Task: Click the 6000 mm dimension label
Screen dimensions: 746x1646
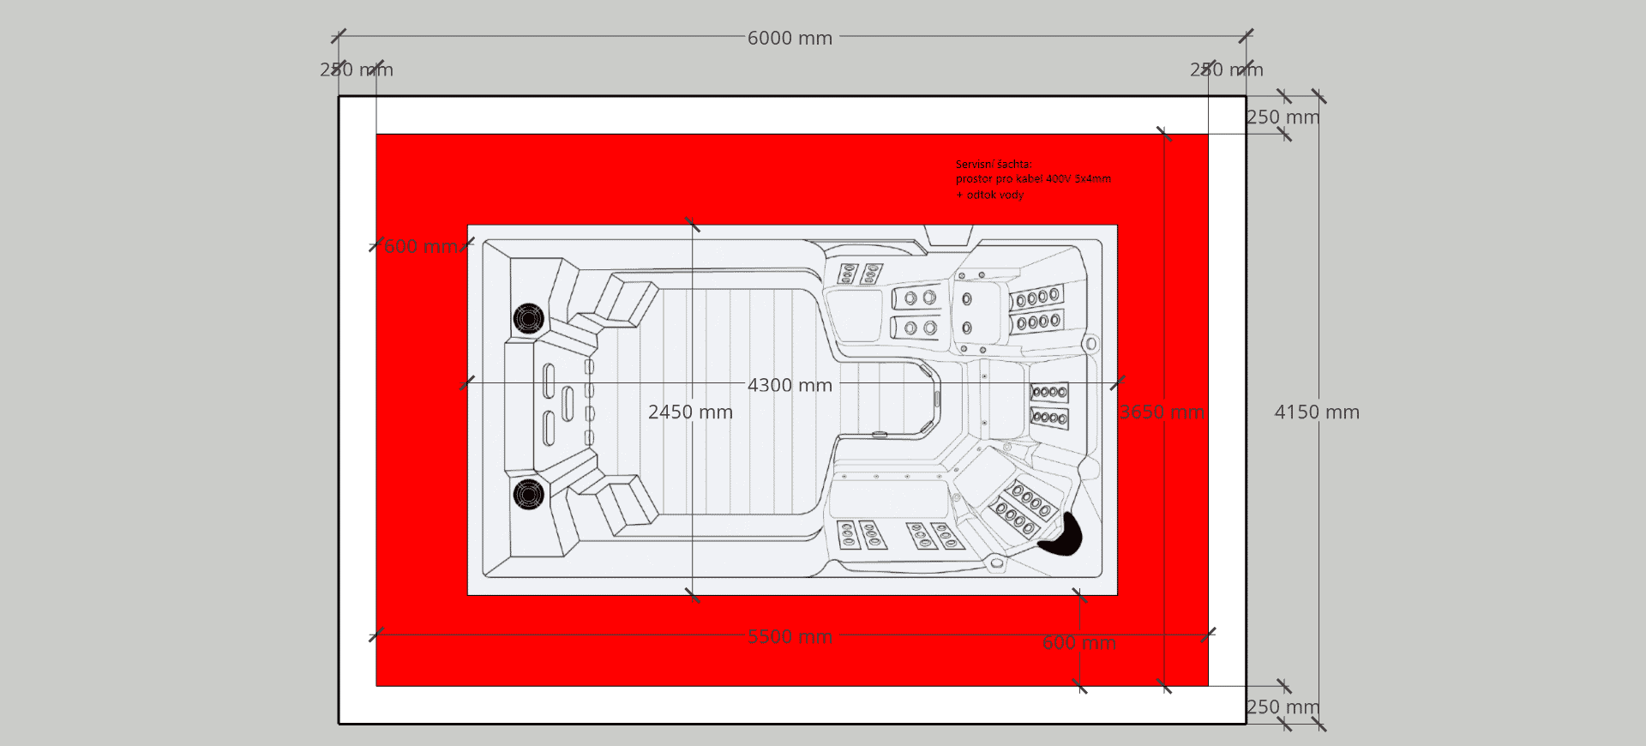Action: click(x=790, y=38)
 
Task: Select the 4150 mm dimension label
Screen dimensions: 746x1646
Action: click(x=1317, y=412)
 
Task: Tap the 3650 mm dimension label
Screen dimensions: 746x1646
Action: click(x=1162, y=412)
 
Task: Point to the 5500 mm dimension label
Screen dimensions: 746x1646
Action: click(x=790, y=636)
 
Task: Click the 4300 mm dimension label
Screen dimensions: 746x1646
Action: click(x=790, y=385)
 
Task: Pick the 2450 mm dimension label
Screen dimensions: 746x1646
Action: click(x=690, y=412)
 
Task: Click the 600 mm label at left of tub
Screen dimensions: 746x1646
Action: click(x=420, y=247)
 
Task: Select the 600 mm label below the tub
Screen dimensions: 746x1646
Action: click(x=1078, y=643)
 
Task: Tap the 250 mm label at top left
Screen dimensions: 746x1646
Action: click(x=357, y=69)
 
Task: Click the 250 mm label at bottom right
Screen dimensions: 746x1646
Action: click(x=1283, y=707)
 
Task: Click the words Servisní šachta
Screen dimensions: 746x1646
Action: click(x=994, y=164)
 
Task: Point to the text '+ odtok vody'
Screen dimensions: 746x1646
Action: click(x=990, y=195)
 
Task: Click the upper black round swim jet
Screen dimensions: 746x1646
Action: click(x=528, y=318)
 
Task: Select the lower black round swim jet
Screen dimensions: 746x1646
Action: click(x=528, y=494)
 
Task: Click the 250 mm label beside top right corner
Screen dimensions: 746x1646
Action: click(x=1283, y=117)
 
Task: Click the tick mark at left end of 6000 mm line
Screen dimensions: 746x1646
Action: click(x=339, y=36)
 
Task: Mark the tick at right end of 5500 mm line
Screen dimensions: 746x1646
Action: click(x=1208, y=635)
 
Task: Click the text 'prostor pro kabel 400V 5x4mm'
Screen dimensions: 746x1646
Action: click(x=1033, y=179)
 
